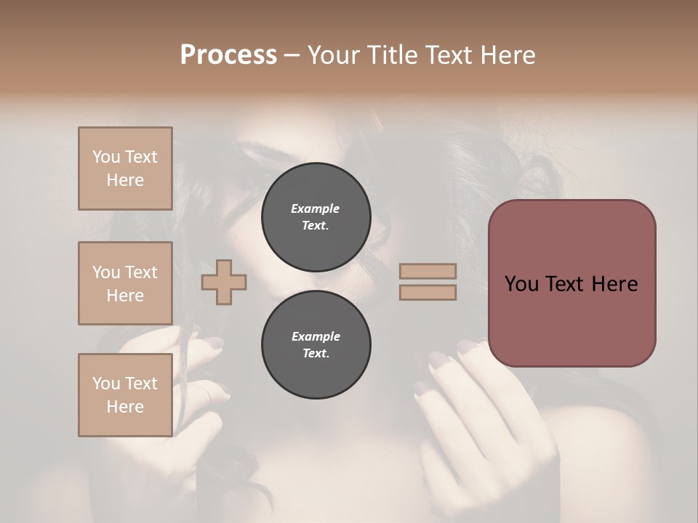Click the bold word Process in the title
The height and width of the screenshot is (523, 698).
point(228,54)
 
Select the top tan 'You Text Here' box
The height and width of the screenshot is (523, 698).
point(125,169)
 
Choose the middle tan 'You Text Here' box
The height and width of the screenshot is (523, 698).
point(125,283)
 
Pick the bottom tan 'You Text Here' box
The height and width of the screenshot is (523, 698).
point(125,395)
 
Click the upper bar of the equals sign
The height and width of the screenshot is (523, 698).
point(428,272)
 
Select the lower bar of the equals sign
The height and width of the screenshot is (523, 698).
point(428,293)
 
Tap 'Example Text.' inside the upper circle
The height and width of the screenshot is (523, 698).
point(316,216)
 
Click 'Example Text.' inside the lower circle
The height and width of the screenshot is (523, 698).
point(316,344)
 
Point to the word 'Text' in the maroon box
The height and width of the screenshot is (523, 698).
point(571,284)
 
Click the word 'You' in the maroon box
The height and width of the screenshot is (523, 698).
point(523,284)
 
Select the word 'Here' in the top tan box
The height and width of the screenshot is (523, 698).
point(125,180)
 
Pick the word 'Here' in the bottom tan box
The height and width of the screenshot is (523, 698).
point(125,407)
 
